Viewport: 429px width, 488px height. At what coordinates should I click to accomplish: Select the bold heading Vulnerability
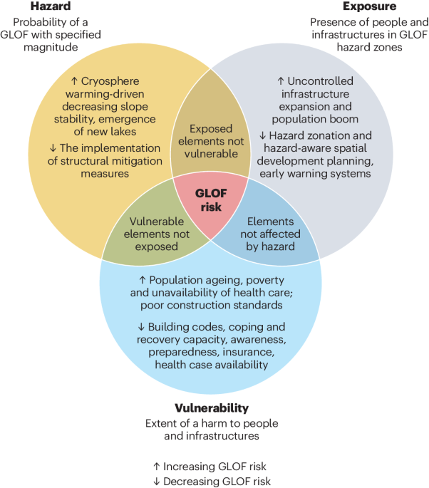(x=212, y=408)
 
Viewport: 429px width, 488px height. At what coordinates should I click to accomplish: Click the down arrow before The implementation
(x=53, y=147)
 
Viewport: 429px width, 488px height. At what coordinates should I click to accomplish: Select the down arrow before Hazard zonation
(x=263, y=135)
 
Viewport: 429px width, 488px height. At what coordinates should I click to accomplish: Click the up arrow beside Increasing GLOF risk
(x=157, y=466)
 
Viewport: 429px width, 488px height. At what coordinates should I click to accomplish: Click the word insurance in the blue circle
(x=254, y=352)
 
